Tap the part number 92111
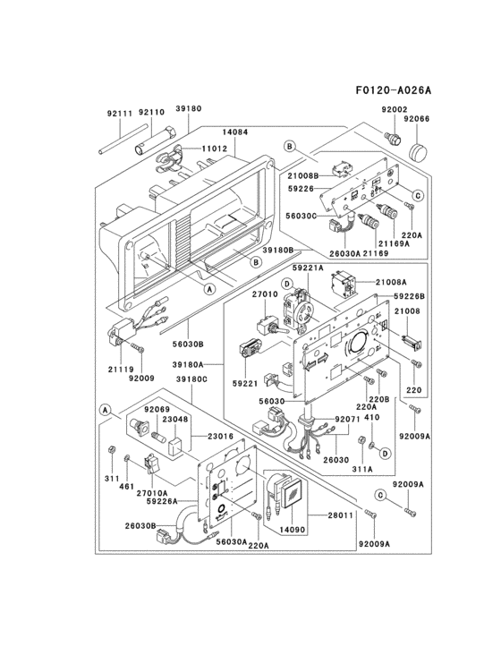(119, 113)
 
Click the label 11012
(214, 148)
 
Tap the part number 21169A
(394, 243)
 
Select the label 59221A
(307, 268)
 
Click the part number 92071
(347, 419)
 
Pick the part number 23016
(221, 436)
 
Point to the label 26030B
(140, 525)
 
